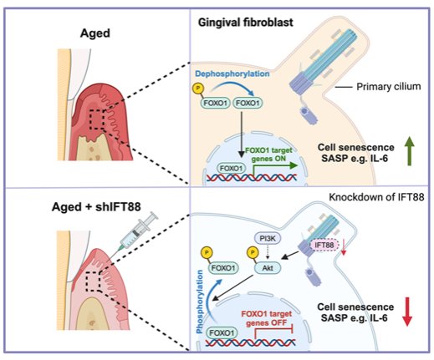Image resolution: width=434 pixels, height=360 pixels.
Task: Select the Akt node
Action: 268,268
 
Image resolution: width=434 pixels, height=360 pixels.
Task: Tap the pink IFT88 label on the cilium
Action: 324,245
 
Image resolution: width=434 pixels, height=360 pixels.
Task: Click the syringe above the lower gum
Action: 135,231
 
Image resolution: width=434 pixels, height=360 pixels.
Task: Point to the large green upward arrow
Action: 409,151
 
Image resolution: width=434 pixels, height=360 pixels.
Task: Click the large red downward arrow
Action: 407,312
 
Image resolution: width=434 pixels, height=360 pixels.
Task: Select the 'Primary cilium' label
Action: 389,87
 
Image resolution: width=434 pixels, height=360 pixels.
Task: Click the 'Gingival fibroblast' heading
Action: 245,23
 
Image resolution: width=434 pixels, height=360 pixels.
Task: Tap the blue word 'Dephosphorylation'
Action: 232,74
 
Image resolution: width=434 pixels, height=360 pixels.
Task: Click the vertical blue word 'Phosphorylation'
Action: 199,302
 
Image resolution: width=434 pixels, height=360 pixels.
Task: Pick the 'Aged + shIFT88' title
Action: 96,207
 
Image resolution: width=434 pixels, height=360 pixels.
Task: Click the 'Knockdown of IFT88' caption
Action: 376,197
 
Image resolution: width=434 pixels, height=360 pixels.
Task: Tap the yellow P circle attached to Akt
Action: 253,253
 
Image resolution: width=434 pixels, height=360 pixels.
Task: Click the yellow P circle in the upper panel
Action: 198,89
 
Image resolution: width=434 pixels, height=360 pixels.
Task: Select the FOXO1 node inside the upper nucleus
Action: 232,169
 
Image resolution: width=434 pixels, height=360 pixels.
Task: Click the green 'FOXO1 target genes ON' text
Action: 268,155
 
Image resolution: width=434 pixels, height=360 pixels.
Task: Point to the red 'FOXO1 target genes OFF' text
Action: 267,318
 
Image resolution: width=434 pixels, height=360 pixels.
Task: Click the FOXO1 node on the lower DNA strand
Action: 222,333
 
